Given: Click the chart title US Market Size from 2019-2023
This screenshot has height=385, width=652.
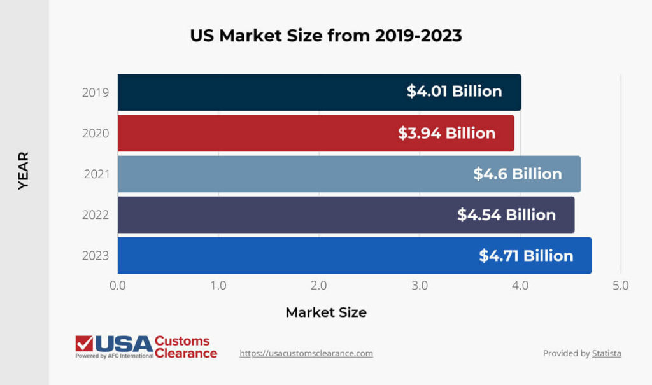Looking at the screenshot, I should tap(325, 36).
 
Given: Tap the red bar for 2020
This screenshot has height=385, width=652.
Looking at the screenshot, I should tap(255, 133).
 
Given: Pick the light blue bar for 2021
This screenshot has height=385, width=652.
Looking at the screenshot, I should tap(287, 174).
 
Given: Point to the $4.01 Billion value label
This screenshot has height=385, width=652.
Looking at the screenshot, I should tap(455, 91).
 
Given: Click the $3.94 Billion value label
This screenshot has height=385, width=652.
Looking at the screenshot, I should tap(446, 133).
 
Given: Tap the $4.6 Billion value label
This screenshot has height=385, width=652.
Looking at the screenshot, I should tap(517, 174).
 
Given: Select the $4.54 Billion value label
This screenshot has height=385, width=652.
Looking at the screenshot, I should tap(506, 214).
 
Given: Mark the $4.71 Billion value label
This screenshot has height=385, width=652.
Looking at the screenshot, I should tap(526, 255).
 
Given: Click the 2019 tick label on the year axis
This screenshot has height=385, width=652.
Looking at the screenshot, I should tap(96, 92).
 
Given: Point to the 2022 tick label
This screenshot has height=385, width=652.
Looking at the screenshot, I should tap(96, 215).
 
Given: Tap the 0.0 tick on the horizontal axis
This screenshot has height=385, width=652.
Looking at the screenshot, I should tap(118, 286).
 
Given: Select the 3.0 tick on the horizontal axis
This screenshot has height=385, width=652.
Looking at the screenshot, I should tap(420, 286).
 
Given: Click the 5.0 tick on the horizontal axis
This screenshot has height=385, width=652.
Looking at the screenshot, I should tap(620, 286).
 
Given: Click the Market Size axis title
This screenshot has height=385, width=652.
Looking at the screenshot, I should tap(326, 312).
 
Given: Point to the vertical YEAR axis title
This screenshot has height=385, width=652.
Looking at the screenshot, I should tap(24, 170).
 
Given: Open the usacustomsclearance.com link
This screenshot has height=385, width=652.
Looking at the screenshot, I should tap(306, 353).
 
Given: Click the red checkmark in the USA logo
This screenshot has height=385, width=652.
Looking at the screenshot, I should tap(84, 344).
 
